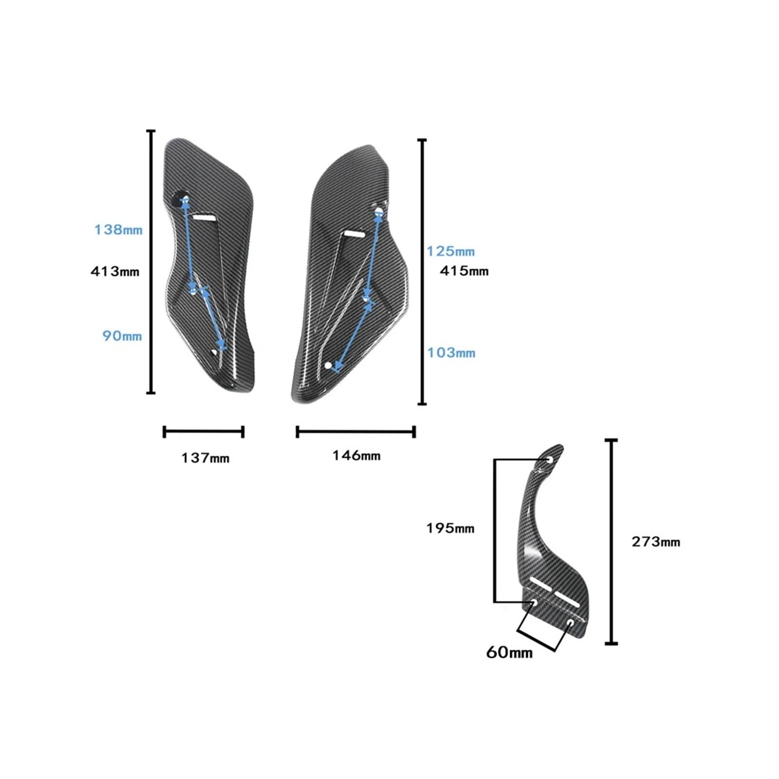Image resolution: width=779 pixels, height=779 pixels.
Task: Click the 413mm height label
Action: tap(115, 271)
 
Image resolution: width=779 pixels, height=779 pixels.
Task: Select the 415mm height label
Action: tap(464, 271)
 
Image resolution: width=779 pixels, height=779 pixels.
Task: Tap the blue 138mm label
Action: tap(118, 229)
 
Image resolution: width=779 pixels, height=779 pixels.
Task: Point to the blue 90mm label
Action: tap(122, 336)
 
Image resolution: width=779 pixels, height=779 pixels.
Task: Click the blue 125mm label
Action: tap(450, 251)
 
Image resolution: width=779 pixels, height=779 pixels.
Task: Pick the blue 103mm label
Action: tap(451, 352)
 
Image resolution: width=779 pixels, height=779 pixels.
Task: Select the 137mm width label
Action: tap(205, 458)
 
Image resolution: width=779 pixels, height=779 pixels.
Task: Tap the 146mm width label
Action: tap(356, 456)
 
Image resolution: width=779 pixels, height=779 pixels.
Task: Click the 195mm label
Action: tap(450, 528)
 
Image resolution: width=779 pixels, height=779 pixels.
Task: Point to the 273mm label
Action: tap(656, 542)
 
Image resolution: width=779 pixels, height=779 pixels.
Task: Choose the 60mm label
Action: tap(509, 652)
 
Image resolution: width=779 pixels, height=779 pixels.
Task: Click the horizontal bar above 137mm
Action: tap(204, 431)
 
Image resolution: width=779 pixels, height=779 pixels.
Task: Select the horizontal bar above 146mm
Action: tap(356, 431)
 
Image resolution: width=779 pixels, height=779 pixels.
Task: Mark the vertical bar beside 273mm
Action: tap(612, 542)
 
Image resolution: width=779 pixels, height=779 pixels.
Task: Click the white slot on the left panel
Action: tap(204, 217)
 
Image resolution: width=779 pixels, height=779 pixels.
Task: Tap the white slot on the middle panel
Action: tap(354, 234)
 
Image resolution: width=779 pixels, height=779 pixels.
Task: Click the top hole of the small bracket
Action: tap(550, 460)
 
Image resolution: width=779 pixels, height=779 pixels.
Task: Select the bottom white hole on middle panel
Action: tap(328, 365)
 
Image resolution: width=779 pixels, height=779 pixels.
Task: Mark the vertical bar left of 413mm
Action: tap(151, 261)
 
